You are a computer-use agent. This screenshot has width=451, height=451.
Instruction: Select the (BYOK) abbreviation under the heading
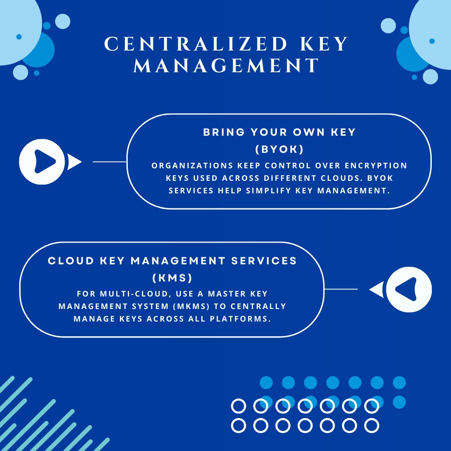point(279,149)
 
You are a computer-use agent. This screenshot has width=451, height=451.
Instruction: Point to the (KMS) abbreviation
point(172,278)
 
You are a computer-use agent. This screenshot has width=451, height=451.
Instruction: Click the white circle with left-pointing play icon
point(408,289)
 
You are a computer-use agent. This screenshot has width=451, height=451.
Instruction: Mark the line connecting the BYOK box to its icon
point(109,162)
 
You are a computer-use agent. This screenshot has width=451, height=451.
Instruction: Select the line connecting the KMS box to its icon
point(341,289)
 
